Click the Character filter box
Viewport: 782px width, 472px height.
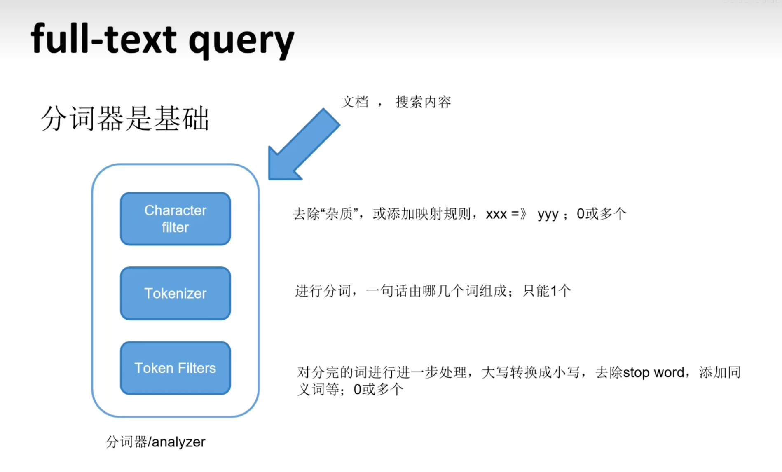[x=175, y=219]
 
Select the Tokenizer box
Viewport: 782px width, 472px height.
[x=175, y=293]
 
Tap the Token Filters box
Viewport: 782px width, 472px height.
[x=175, y=368]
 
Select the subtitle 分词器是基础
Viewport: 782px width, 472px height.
[x=125, y=118]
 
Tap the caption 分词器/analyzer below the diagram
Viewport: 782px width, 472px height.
[x=155, y=442]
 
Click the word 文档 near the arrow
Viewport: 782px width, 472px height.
[x=355, y=102]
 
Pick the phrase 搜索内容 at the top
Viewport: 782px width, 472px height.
[x=423, y=102]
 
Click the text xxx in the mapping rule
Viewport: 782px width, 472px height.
[x=496, y=214]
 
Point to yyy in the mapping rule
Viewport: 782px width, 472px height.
[x=548, y=215]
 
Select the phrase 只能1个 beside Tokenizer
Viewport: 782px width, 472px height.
[x=547, y=291]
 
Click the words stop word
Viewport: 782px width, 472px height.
[x=653, y=372]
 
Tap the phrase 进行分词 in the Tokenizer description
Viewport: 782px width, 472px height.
[x=323, y=291]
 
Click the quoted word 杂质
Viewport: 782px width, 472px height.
[x=339, y=214]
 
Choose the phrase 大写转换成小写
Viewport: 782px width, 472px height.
[x=530, y=372]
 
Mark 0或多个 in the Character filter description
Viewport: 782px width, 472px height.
[x=602, y=214]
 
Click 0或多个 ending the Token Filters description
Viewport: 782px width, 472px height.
[x=378, y=389]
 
